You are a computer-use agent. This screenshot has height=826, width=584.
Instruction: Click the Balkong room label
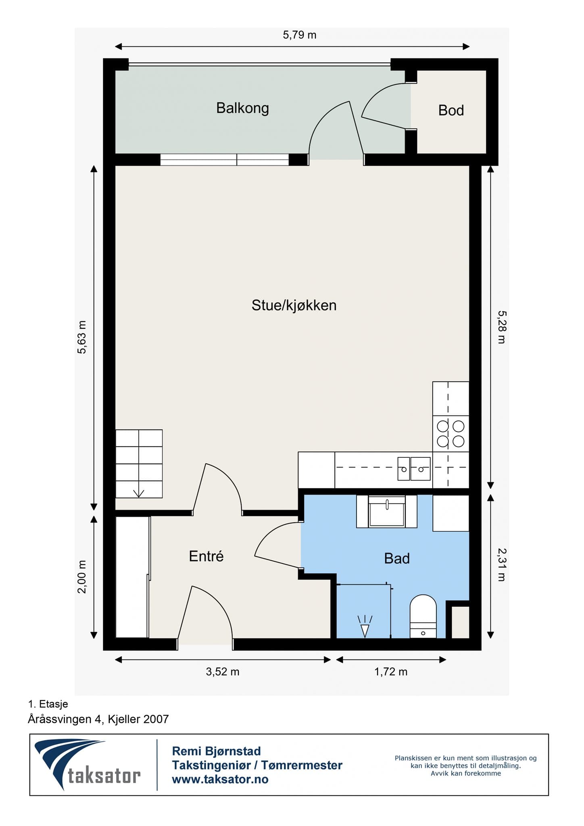tap(242, 108)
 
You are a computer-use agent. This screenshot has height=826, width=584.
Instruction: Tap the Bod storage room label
tap(451, 110)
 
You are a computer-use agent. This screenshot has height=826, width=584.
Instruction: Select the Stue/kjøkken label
tap(294, 305)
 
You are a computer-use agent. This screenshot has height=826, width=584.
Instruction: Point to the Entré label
tap(206, 556)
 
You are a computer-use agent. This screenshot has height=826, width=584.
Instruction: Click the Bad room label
tap(397, 558)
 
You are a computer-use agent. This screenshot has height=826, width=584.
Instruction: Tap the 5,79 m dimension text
tap(300, 35)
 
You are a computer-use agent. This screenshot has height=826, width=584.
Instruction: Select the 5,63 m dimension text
tap(82, 337)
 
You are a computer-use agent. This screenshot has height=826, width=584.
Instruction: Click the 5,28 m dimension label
tap(501, 327)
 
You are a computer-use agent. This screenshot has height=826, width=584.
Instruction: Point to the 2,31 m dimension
tap(501, 564)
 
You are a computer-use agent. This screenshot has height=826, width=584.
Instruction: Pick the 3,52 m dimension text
tap(223, 672)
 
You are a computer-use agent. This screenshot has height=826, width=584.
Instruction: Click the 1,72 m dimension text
tap(391, 672)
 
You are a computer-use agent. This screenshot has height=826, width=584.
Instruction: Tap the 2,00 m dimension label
tap(82, 577)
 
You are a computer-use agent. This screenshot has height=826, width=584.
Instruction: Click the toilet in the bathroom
tap(423, 616)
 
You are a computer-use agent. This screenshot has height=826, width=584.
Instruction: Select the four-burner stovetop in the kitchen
tap(451, 434)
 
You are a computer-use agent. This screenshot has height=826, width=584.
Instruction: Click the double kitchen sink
tap(414, 469)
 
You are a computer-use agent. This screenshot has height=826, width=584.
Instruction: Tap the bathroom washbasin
tap(387, 511)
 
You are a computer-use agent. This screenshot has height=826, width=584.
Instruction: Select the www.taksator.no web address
tap(220, 779)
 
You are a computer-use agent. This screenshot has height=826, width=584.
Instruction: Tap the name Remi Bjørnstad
tap(217, 751)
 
